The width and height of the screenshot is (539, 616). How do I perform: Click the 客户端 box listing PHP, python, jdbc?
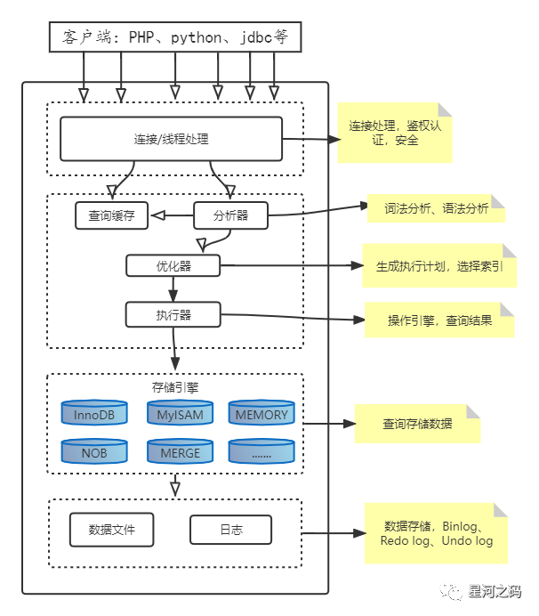[175, 37]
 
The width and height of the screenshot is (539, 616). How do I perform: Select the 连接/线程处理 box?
[171, 139]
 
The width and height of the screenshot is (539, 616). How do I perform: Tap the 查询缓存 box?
[111, 215]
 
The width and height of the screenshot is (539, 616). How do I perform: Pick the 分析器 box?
[230, 215]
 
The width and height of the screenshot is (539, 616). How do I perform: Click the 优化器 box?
[173, 265]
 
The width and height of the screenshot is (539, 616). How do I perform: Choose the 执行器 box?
[173, 315]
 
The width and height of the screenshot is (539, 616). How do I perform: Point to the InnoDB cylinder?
[93, 414]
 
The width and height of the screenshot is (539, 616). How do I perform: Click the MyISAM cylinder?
[180, 414]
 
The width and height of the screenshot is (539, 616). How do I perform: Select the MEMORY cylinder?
[261, 414]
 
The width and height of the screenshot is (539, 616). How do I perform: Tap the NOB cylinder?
[93, 451]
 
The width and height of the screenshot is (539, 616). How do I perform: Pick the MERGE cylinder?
[180, 451]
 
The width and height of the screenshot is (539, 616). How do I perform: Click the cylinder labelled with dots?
[261, 451]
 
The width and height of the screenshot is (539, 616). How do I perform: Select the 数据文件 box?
[112, 530]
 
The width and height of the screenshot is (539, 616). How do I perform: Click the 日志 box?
[230, 530]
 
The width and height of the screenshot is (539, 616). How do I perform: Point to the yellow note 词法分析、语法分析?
[436, 208]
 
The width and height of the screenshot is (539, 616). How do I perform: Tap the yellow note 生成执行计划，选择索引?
[439, 265]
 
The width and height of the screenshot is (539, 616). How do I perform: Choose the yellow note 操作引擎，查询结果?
[439, 320]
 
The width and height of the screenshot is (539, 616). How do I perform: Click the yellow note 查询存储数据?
[417, 424]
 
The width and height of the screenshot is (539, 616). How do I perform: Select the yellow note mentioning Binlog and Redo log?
[436, 533]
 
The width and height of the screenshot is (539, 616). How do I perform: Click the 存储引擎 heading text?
[175, 386]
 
